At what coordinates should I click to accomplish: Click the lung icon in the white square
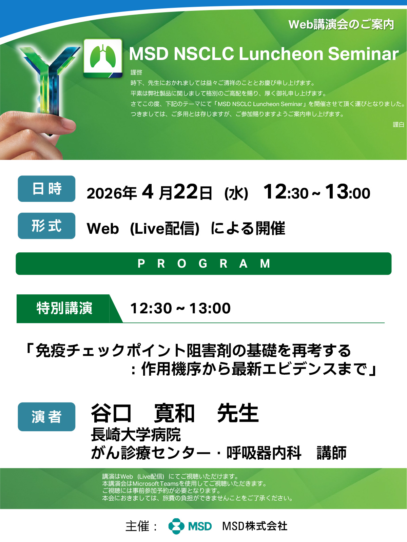pyautogui.click(x=103, y=57)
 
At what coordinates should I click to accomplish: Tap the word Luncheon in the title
pyautogui.click(x=281, y=54)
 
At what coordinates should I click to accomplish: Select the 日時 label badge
pyautogui.click(x=46, y=189)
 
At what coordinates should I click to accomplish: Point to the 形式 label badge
pyautogui.click(x=46, y=226)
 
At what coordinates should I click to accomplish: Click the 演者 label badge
pyautogui.click(x=46, y=417)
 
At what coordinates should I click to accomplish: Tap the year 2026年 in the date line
pyautogui.click(x=112, y=193)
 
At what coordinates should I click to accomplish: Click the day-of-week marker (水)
pyautogui.click(x=236, y=193)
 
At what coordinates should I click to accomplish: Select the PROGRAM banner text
pyautogui.click(x=204, y=264)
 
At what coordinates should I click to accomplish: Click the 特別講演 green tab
pyautogui.click(x=64, y=308)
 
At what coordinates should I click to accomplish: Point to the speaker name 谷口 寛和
pyautogui.click(x=143, y=413)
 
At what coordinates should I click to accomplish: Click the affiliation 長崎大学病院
pyautogui.click(x=136, y=435)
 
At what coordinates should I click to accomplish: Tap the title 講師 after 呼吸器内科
pyautogui.click(x=331, y=453)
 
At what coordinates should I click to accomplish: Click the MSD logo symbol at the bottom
pyautogui.click(x=176, y=526)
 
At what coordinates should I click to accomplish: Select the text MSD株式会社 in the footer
pyautogui.click(x=255, y=526)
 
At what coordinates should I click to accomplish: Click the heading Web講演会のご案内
pyautogui.click(x=341, y=24)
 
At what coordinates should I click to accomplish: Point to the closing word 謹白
pyautogui.click(x=398, y=124)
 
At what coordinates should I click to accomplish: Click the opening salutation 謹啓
pyautogui.click(x=136, y=72)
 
